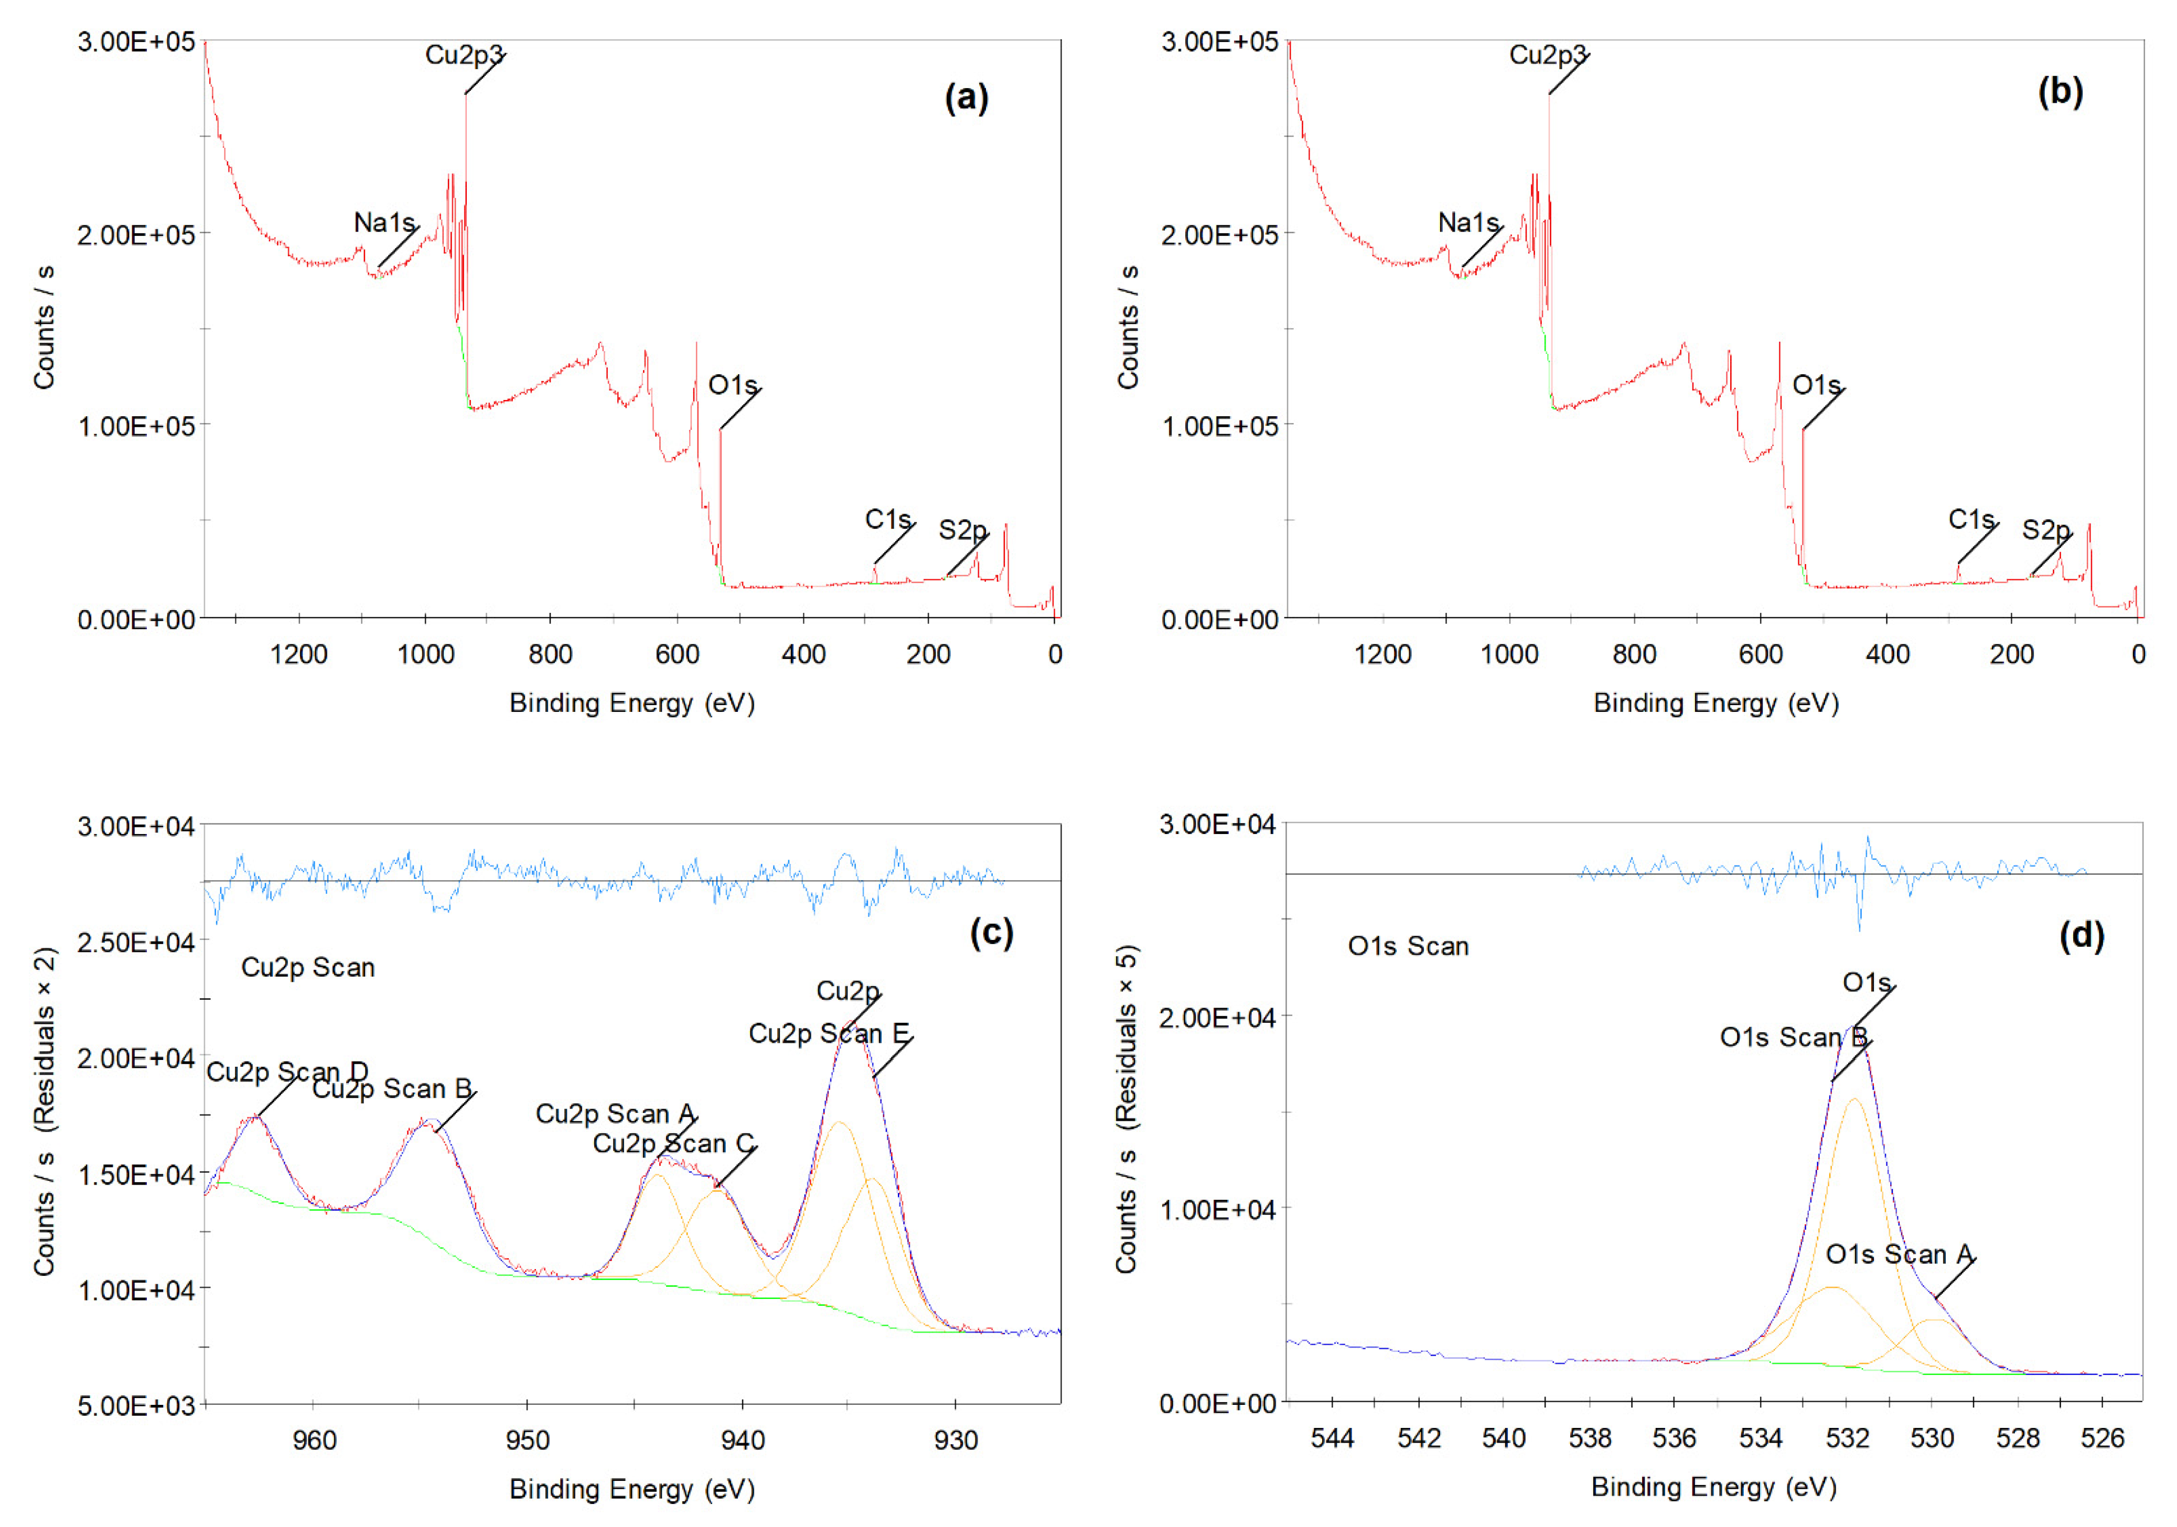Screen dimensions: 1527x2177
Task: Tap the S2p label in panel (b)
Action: (2045, 530)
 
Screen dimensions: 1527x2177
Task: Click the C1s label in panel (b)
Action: (1971, 519)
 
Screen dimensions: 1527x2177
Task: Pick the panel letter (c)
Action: (991, 933)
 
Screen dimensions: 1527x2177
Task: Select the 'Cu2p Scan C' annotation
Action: (673, 1144)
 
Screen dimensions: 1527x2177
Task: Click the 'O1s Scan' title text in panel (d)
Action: (1408, 946)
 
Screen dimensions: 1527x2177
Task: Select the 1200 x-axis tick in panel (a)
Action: (298, 655)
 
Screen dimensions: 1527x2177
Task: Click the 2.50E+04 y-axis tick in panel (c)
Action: (136, 942)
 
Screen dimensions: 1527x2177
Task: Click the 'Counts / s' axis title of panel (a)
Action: (44, 327)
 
